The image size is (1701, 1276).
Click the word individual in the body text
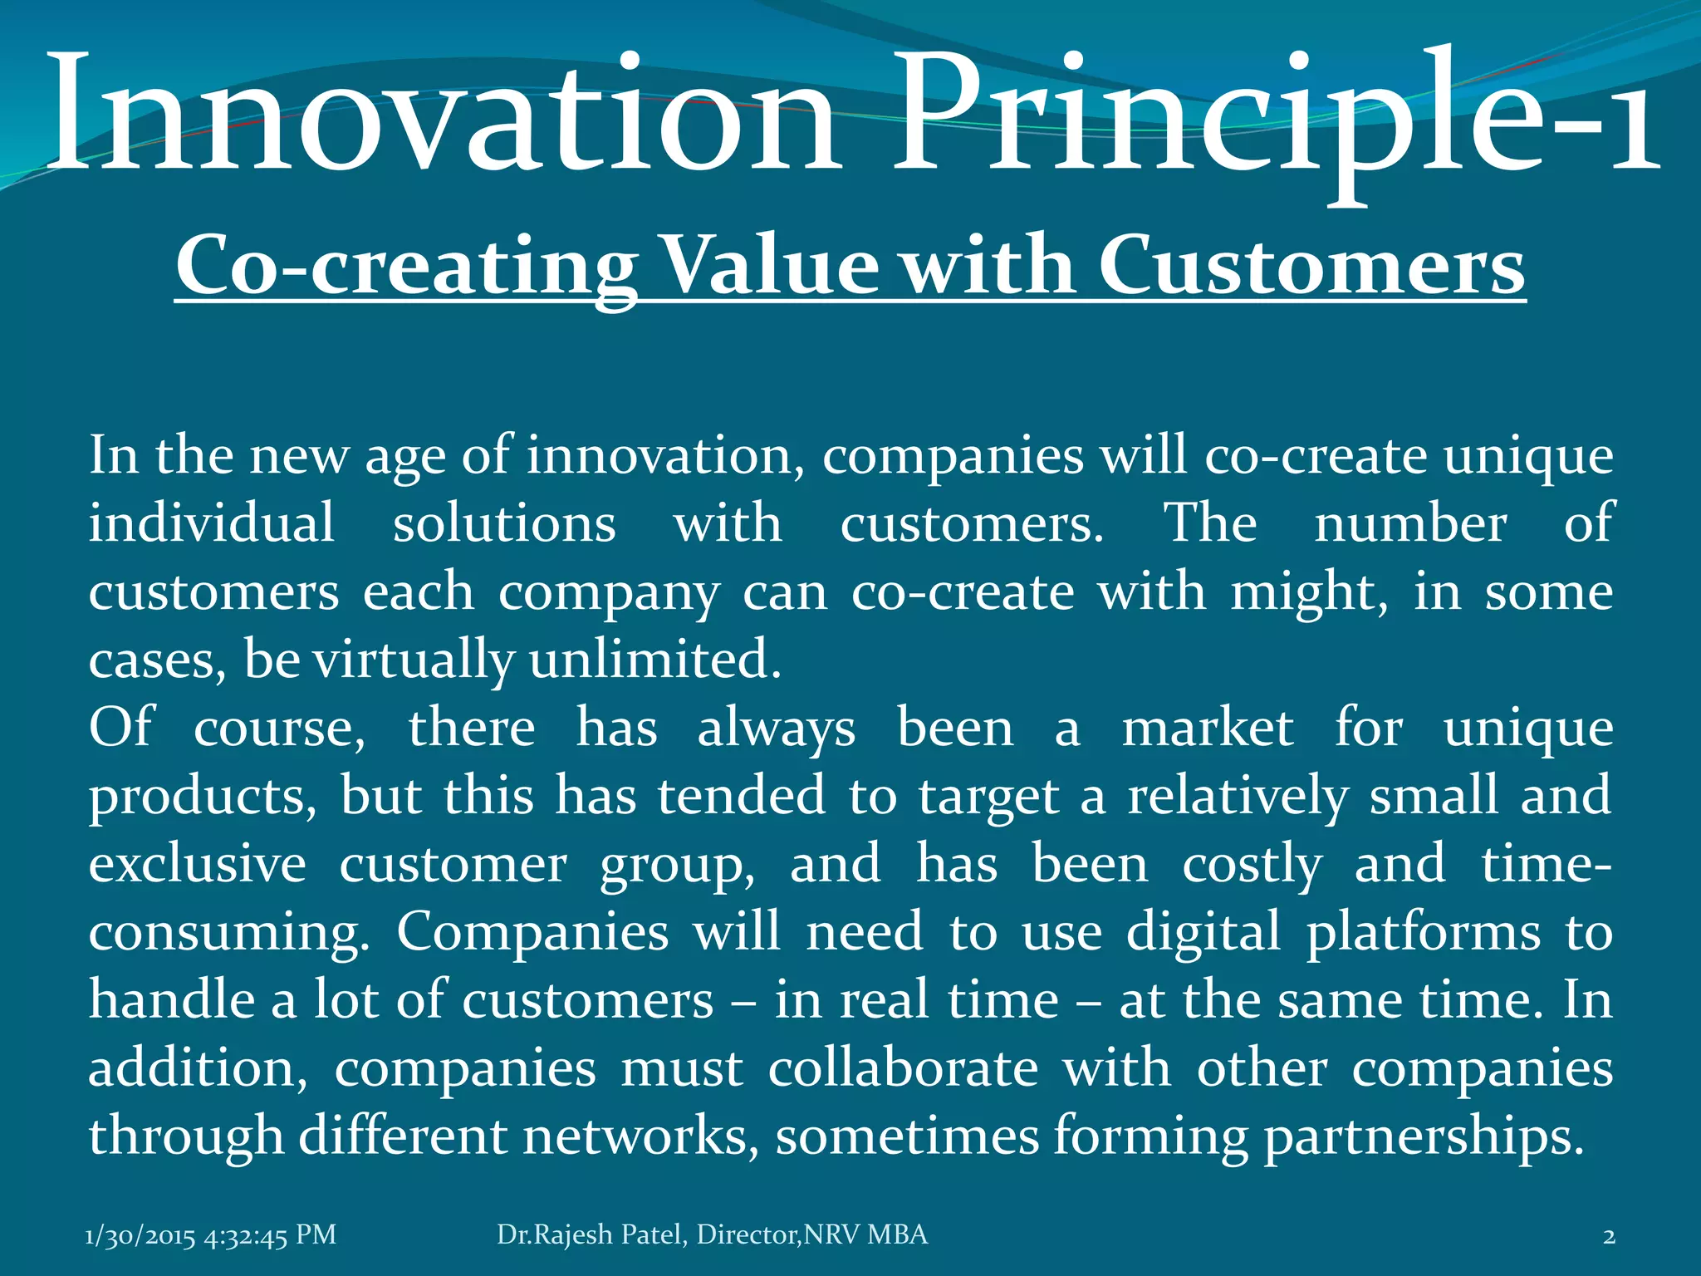[x=212, y=523]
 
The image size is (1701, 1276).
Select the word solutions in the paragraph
[x=504, y=524]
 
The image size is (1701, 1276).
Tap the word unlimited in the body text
[x=654, y=660]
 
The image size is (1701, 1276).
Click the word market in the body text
[x=1208, y=729]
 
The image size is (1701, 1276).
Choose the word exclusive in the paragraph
[x=198, y=864]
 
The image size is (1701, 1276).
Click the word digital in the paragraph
[x=1203, y=932]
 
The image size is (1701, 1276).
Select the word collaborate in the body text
[x=903, y=1068]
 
